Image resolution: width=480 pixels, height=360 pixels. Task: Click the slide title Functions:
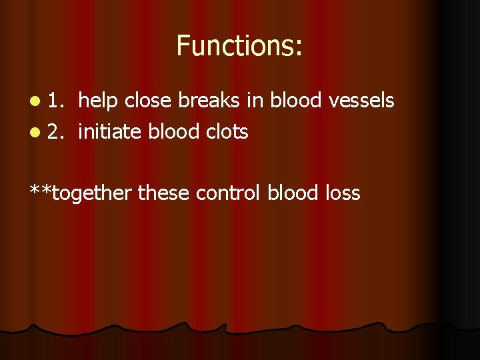point(239,46)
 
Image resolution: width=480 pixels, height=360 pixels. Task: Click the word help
point(99,101)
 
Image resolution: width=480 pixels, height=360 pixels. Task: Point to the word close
point(149,101)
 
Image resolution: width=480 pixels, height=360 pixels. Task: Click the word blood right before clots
point(173,132)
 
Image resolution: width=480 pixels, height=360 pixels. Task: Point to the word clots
point(225,132)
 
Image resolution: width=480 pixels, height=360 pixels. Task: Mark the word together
point(93,194)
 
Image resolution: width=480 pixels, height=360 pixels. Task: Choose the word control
point(228,194)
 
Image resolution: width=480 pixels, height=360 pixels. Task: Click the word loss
point(341,194)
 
